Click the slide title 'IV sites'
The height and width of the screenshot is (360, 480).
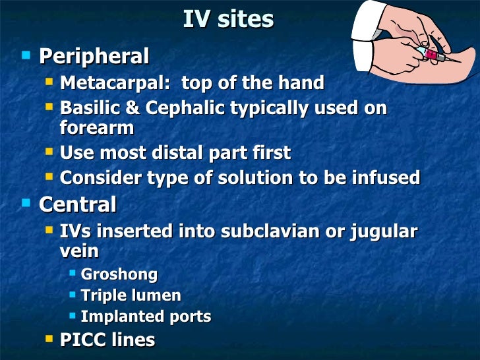pyautogui.click(x=227, y=19)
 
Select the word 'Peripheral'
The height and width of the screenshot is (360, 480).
pyautogui.click(x=94, y=56)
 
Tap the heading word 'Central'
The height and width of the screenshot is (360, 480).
pyautogui.click(x=78, y=204)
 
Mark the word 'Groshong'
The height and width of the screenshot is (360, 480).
pyautogui.click(x=119, y=274)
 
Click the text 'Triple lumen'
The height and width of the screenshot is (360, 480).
pyautogui.click(x=131, y=295)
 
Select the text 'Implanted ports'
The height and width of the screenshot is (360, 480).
pyautogui.click(x=146, y=316)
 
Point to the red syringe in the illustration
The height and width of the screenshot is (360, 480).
pyautogui.click(x=432, y=55)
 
